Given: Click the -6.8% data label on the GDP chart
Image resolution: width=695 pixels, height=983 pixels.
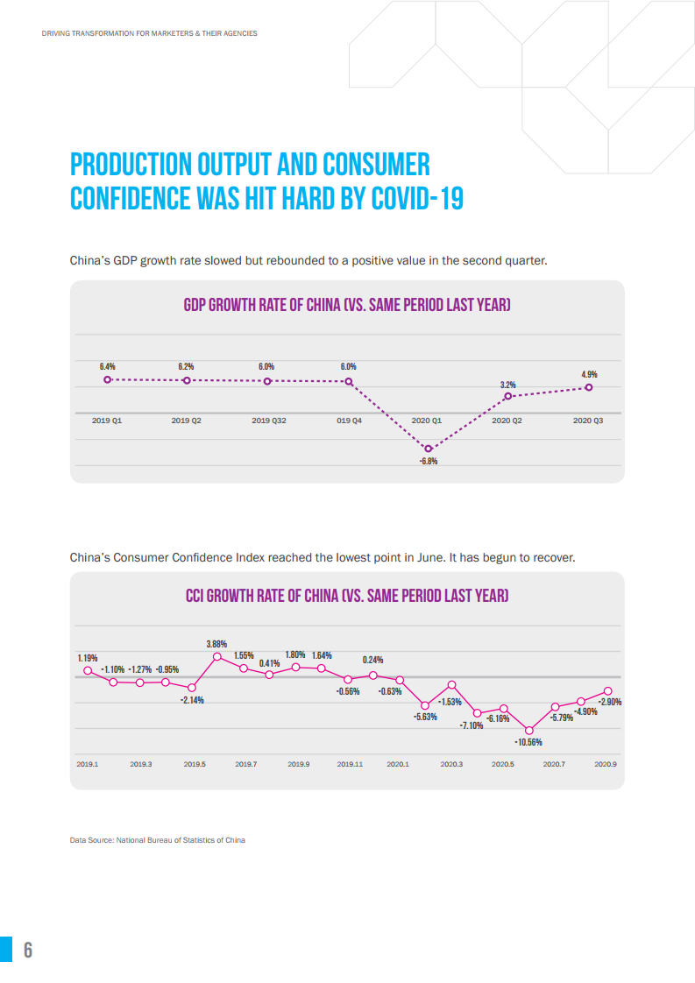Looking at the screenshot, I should [x=429, y=461].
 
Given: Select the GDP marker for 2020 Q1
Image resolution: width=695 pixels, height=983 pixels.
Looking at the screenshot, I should [x=429, y=449].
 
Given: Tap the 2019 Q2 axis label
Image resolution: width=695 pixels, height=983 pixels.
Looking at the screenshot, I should [x=186, y=421].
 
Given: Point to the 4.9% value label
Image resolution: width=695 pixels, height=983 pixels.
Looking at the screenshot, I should [x=590, y=374].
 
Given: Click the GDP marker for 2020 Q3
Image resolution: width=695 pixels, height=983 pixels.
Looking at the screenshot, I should [x=590, y=386].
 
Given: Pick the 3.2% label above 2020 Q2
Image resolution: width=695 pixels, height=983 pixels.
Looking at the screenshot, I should [x=508, y=385].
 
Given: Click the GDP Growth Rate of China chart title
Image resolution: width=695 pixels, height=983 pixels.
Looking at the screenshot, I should [x=347, y=305].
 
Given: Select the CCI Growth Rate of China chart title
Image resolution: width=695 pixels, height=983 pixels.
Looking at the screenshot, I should [x=347, y=596].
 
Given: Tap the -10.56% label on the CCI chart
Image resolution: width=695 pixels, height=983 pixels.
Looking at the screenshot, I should [x=528, y=743].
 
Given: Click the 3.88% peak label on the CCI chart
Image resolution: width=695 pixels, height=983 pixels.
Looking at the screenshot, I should [x=217, y=644].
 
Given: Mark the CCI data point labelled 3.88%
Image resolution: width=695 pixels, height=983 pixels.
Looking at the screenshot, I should [x=217, y=656].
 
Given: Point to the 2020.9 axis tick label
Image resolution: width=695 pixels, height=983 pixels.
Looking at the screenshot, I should [x=606, y=764].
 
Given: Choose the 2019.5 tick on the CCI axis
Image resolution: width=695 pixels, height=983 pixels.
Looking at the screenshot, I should [x=195, y=764].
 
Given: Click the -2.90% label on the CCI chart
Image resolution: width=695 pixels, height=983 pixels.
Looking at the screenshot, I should [x=609, y=702].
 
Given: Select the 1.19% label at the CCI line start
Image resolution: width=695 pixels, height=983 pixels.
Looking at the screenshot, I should [x=87, y=658].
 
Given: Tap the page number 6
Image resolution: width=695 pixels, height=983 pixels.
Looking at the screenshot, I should [x=28, y=950].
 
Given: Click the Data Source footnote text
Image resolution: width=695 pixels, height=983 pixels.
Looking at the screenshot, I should [x=158, y=840].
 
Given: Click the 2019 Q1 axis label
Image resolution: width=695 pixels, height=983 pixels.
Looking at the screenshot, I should [x=107, y=421].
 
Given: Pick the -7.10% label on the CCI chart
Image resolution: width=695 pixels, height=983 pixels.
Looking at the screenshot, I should [x=472, y=725].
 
